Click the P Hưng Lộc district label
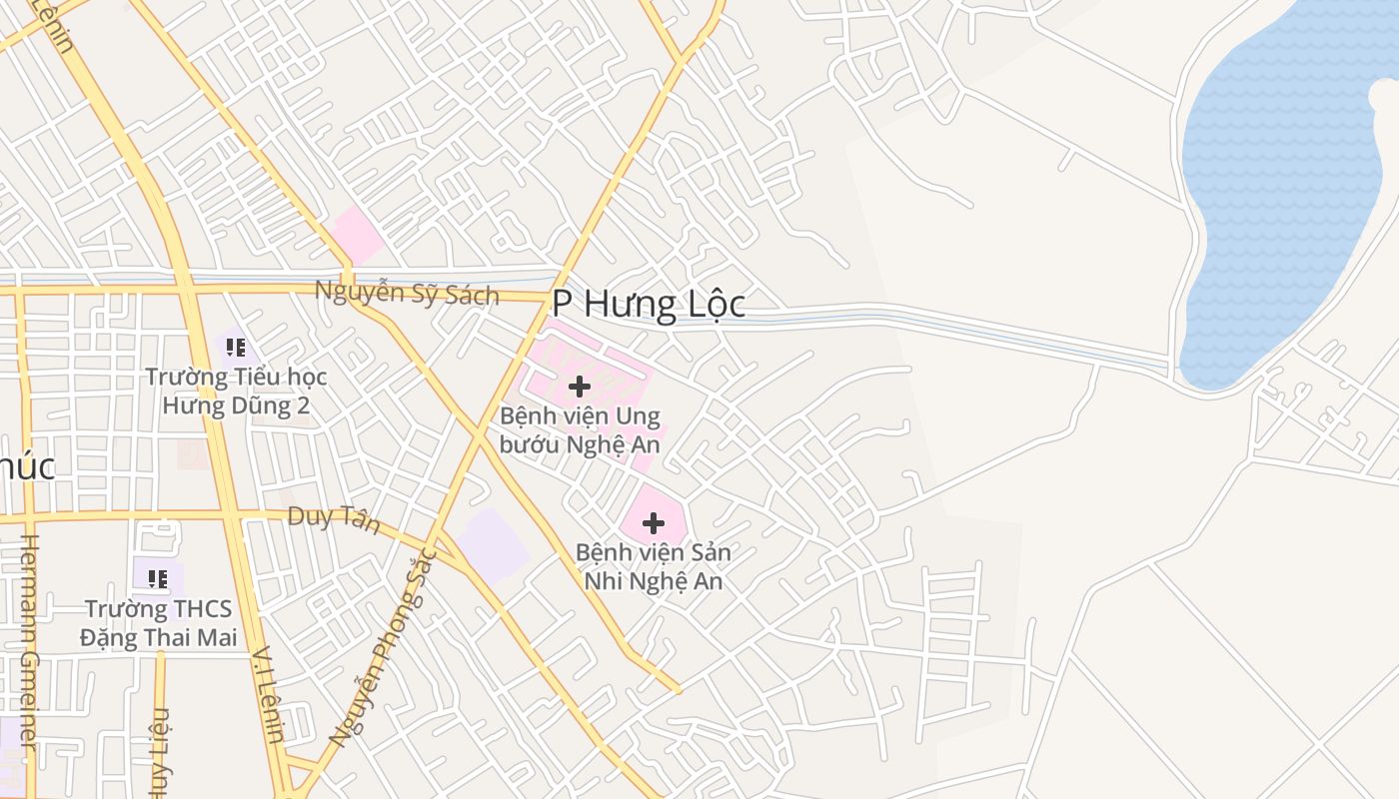coord(649,304)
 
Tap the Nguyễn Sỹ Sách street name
coord(407,293)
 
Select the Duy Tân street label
coord(334,518)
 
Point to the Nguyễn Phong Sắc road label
coord(384,649)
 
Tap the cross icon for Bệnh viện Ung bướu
coord(579,387)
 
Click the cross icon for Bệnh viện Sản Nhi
coord(653,523)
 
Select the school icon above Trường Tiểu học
coord(236,348)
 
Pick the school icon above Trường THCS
coord(157,578)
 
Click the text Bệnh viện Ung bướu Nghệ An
coord(580,429)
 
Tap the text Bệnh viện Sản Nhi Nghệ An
coord(653,566)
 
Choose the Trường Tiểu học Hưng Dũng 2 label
coord(236,391)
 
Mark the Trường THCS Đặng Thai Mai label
coord(158,623)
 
